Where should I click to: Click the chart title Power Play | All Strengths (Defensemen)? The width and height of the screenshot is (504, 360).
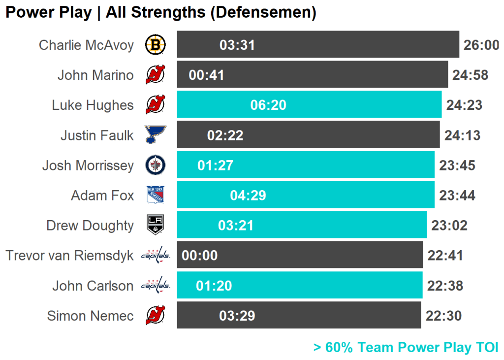160,12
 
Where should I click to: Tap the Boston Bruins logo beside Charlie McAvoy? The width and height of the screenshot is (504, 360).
156,45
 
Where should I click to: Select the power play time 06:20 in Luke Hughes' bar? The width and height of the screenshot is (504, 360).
268,105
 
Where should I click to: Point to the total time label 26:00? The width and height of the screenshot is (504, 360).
481,45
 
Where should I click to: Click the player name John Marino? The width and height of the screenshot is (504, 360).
95,75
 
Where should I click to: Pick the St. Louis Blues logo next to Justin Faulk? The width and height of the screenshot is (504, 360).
156,135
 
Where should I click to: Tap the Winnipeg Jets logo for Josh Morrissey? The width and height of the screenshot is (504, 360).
156,165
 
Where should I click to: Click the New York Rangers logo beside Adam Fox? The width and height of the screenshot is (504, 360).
156,196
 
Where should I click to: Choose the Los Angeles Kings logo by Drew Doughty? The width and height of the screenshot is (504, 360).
156,226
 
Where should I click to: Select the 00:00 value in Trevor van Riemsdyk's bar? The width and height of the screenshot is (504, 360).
200,256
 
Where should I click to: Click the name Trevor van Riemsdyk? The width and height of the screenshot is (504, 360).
70,256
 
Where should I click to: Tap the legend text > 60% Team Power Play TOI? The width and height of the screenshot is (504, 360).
406,347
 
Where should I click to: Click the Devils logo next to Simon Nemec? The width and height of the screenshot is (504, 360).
156,316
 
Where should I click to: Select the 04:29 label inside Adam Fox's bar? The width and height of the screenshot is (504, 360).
248,196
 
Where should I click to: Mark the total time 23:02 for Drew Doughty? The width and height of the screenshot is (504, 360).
449,226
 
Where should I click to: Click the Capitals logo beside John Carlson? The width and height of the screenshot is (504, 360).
156,285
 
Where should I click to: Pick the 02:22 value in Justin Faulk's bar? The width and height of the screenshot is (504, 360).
225,135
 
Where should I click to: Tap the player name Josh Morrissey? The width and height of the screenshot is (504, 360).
88,165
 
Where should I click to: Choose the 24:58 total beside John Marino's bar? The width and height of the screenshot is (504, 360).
471,75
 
